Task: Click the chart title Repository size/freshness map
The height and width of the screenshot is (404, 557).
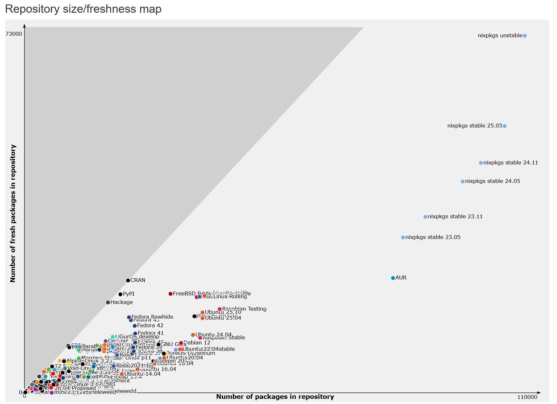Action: [x=83, y=9]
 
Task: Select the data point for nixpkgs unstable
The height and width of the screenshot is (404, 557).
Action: [x=525, y=36]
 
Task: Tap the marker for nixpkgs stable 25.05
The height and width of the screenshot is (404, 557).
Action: [x=505, y=126]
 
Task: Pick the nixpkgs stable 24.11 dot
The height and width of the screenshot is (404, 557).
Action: [x=481, y=163]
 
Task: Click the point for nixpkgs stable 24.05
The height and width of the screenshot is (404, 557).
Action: [x=463, y=181]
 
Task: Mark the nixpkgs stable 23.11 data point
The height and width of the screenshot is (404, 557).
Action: [x=426, y=217]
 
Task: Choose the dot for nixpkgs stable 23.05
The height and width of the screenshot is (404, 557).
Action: [x=403, y=237]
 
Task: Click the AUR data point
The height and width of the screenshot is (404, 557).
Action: [x=393, y=278]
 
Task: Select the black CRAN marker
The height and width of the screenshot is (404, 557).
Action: [x=128, y=280]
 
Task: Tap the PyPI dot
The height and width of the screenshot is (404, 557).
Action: [x=120, y=294]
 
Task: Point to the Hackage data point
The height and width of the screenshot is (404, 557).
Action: [x=108, y=302]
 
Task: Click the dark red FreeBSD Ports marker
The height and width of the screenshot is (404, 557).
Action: [x=171, y=294]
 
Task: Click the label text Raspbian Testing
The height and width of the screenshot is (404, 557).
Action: [x=244, y=309]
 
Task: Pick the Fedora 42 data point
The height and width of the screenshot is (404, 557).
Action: [x=135, y=326]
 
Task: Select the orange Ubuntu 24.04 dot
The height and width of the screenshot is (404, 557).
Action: [x=193, y=335]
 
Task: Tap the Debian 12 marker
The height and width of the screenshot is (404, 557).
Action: [x=181, y=343]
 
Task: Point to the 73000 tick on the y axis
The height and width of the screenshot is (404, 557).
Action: [x=14, y=34]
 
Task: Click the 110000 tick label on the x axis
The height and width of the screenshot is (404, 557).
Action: [x=527, y=397]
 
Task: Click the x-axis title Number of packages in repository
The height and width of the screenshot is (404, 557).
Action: [x=275, y=397]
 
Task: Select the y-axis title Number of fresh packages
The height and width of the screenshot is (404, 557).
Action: [x=13, y=213]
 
